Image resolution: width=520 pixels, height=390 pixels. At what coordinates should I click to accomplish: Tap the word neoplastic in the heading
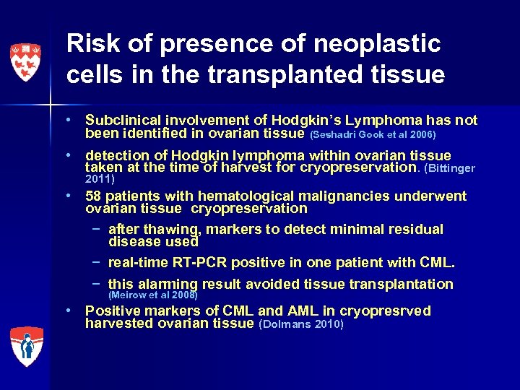pos(377,44)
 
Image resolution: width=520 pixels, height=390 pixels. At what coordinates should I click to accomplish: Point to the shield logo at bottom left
pos(26,345)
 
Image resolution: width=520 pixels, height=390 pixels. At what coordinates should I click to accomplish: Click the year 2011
pos(100,178)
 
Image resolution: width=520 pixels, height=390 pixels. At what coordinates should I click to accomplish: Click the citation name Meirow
pos(128,295)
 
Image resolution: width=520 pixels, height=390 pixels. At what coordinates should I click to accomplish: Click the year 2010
pos(327,324)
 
